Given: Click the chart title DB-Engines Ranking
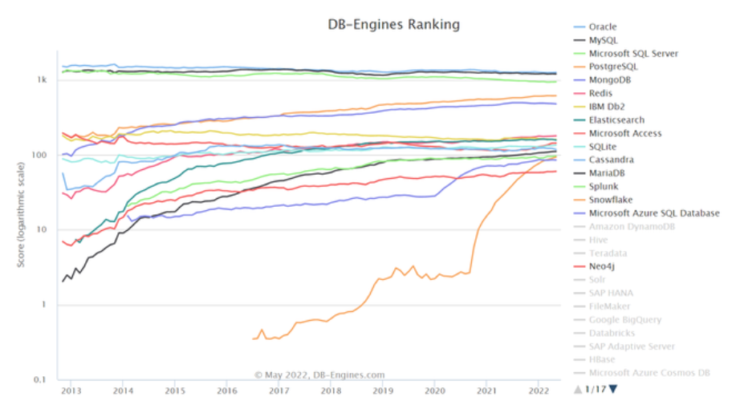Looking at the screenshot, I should (394, 25).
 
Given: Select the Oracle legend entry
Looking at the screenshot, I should (603, 26).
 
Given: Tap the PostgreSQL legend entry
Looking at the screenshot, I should (613, 67).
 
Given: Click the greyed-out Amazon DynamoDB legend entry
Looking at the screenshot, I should (632, 227).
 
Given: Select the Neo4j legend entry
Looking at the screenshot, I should (603, 267).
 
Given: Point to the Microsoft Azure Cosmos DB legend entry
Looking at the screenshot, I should (649, 373).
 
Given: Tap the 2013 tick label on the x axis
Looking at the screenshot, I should (71, 391).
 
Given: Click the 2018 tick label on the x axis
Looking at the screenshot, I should (330, 391).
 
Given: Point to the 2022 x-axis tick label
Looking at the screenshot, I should (538, 391).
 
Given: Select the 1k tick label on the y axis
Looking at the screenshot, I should (42, 80).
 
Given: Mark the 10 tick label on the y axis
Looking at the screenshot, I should (43, 230).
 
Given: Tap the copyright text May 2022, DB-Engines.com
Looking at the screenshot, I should (320, 375).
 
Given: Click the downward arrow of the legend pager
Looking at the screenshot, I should (613, 390).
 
